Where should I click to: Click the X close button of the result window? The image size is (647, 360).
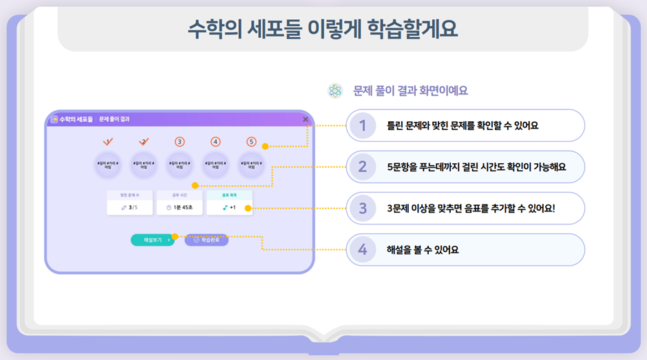click(x=306, y=119)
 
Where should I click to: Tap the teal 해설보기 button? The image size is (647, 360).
click(x=152, y=240)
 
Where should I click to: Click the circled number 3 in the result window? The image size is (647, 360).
click(x=180, y=142)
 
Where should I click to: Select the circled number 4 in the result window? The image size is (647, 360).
click(x=215, y=142)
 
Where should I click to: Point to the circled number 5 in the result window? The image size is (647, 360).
click(x=251, y=142)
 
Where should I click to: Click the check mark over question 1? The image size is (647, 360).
click(x=108, y=141)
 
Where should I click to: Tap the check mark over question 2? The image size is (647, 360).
click(x=144, y=141)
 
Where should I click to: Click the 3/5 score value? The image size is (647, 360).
click(x=133, y=207)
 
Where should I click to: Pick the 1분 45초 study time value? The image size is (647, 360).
click(x=183, y=207)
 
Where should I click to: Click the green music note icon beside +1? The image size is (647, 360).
click(x=224, y=207)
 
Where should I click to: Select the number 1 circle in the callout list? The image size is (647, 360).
click(x=363, y=125)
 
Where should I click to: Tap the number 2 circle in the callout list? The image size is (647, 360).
click(x=363, y=167)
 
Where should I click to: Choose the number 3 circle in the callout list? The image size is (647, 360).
click(x=363, y=208)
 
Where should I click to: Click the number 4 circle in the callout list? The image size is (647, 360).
click(x=363, y=249)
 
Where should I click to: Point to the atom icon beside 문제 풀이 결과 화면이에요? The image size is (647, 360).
click(x=335, y=91)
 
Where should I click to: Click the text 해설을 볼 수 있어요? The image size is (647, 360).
click(x=423, y=250)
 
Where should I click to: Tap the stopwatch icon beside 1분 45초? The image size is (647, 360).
click(x=169, y=207)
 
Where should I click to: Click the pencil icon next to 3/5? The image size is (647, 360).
click(x=123, y=207)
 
